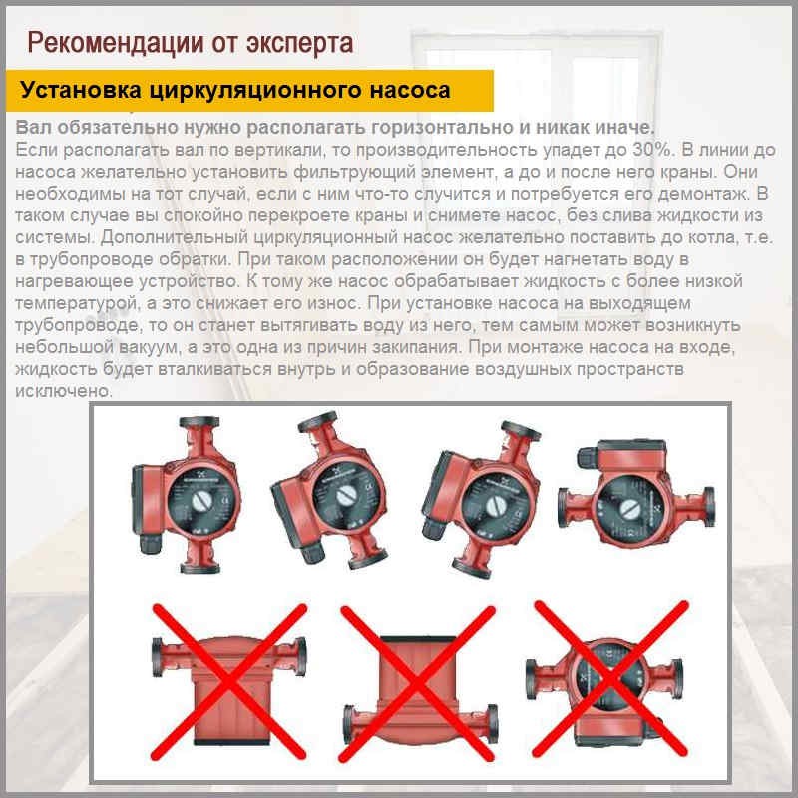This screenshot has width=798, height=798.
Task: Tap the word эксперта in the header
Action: coord(297,43)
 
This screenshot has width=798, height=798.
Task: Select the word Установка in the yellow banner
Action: coord(81,91)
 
